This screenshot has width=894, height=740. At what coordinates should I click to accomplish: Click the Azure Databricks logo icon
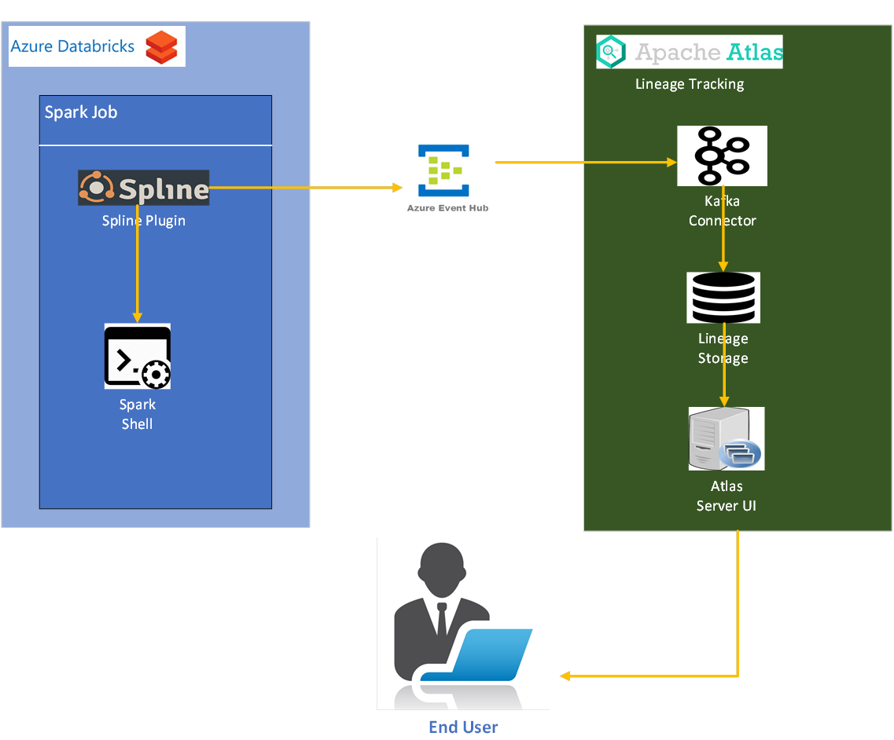pyautogui.click(x=161, y=47)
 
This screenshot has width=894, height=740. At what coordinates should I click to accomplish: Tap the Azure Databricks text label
pyautogui.click(x=72, y=46)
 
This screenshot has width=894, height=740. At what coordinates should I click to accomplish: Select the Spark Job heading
pyautogui.click(x=81, y=112)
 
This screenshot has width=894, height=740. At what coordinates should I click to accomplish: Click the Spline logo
pyautogui.click(x=144, y=188)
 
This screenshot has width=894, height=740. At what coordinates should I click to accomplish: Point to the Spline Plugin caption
pyautogui.click(x=144, y=221)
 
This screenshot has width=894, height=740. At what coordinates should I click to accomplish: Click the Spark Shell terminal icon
pyautogui.click(x=138, y=356)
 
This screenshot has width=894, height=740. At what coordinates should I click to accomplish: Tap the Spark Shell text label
pyautogui.click(x=137, y=414)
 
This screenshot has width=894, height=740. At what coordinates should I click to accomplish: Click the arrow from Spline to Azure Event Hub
pyautogui.click(x=307, y=188)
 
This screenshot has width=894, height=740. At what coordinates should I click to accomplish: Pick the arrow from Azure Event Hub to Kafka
pyautogui.click(x=586, y=163)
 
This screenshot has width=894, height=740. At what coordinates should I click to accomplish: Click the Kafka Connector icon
pyautogui.click(x=722, y=156)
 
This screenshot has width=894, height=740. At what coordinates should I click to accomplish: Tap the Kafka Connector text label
pyautogui.click(x=722, y=211)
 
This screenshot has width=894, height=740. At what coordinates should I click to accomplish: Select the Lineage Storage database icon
pyautogui.click(x=723, y=298)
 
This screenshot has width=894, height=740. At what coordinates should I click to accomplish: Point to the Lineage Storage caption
pyautogui.click(x=723, y=349)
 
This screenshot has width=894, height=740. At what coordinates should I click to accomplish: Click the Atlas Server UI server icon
pyautogui.click(x=726, y=438)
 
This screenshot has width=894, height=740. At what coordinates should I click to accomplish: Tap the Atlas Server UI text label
pyautogui.click(x=726, y=496)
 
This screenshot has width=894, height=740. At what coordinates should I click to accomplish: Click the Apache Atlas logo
pyautogui.click(x=690, y=52)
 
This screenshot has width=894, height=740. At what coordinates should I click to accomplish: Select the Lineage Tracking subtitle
pyautogui.click(x=690, y=84)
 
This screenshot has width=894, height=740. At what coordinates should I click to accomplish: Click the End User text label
pyautogui.click(x=463, y=727)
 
